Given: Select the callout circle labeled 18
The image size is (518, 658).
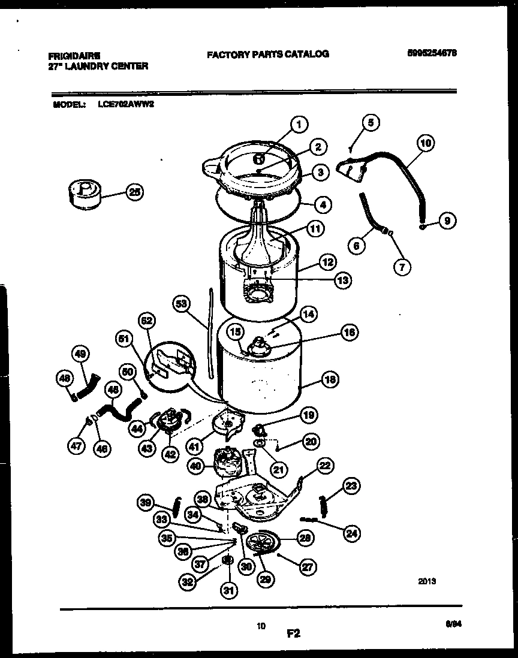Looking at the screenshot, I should point(329,379).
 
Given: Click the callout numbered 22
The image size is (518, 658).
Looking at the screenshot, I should point(325,465).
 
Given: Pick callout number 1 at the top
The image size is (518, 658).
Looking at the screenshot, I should point(299,125).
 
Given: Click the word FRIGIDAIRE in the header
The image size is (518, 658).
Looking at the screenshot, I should point(74,55).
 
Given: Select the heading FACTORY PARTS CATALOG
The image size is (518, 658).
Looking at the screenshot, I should point(267,54).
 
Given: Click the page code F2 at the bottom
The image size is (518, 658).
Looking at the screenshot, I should point(293,632).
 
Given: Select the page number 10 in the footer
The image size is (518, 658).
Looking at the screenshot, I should point(261,626).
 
